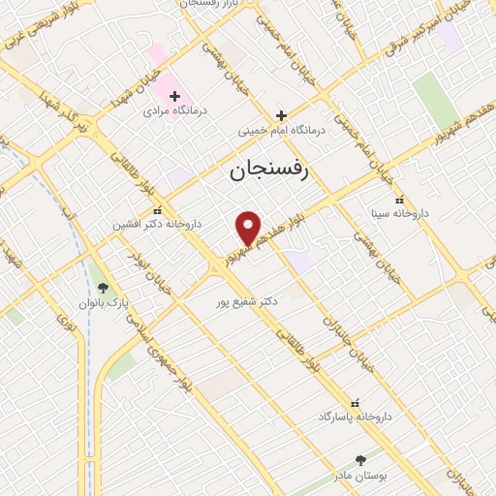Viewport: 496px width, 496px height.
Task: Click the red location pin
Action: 249,228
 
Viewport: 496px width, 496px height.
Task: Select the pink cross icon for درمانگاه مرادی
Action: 174,95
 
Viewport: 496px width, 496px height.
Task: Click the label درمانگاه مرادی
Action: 170,112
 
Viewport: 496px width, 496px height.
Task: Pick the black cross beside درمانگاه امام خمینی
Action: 281,114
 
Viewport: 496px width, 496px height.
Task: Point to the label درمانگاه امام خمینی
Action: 282,130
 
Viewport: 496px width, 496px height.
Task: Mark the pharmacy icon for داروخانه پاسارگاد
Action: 354,401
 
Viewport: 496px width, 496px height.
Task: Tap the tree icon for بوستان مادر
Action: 361,460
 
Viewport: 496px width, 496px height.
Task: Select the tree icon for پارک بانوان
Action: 104,288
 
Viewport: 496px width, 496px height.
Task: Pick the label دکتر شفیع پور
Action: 248,301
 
